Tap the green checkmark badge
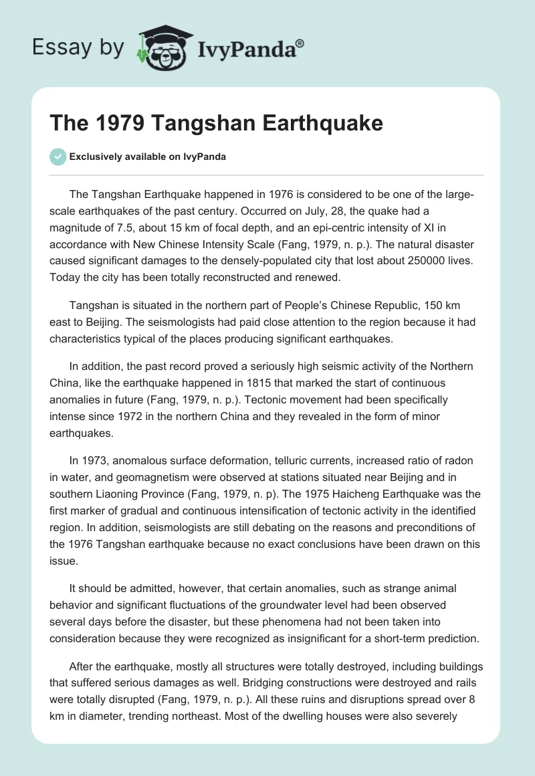[58, 157]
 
